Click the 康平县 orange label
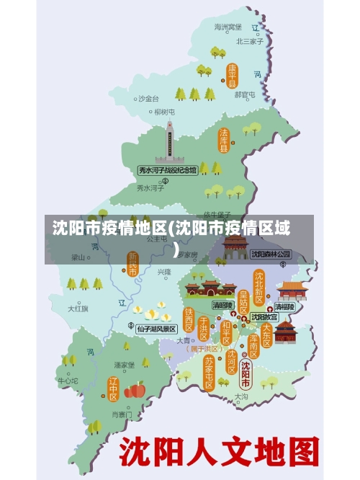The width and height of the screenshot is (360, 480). [232, 75]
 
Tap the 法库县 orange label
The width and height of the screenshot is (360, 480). [224, 141]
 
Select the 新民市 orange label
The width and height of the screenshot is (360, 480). [132, 264]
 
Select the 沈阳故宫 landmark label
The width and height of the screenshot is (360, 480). [265, 317]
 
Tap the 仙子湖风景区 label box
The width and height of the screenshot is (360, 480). [156, 329]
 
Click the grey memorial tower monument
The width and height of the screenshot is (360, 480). [170, 142]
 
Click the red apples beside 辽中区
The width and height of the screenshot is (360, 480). [135, 390]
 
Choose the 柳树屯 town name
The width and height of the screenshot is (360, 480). [164, 112]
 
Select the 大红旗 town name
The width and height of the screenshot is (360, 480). [78, 308]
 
